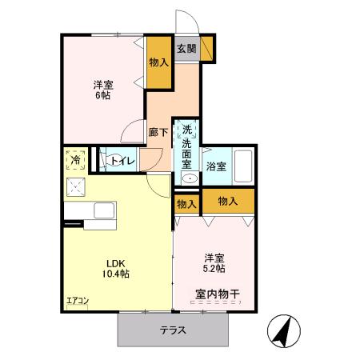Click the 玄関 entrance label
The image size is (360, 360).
click(186, 49)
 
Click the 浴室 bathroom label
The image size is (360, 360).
click(215, 167)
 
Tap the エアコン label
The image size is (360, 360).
click(77, 301)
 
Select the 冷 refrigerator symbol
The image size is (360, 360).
click(75, 160)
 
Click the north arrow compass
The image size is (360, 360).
click(284, 330)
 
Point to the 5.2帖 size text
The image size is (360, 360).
click(214, 268)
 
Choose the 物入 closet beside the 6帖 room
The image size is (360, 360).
click(158, 62)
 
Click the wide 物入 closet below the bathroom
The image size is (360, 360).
click(227, 201)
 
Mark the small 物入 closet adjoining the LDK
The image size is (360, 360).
click(186, 204)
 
